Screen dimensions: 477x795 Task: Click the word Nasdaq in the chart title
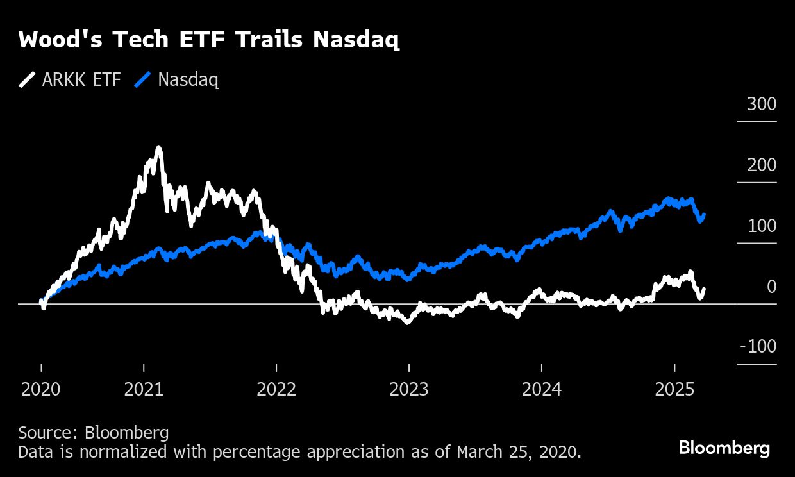click(356, 40)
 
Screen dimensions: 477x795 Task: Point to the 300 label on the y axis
click(761, 105)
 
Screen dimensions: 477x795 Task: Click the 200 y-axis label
click(761, 165)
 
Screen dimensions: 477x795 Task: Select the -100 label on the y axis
click(758, 347)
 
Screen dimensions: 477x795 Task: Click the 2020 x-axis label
click(41, 390)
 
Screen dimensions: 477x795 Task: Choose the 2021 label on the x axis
click(144, 390)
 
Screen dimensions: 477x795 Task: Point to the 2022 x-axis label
click(276, 390)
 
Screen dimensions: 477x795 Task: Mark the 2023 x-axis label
click(409, 390)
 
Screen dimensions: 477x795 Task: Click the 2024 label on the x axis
click(542, 390)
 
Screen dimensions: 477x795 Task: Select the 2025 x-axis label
click(674, 390)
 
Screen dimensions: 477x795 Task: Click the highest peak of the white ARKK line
click(158, 148)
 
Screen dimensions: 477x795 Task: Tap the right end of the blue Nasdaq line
click(705, 215)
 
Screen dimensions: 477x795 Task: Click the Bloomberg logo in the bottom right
click(724, 448)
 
